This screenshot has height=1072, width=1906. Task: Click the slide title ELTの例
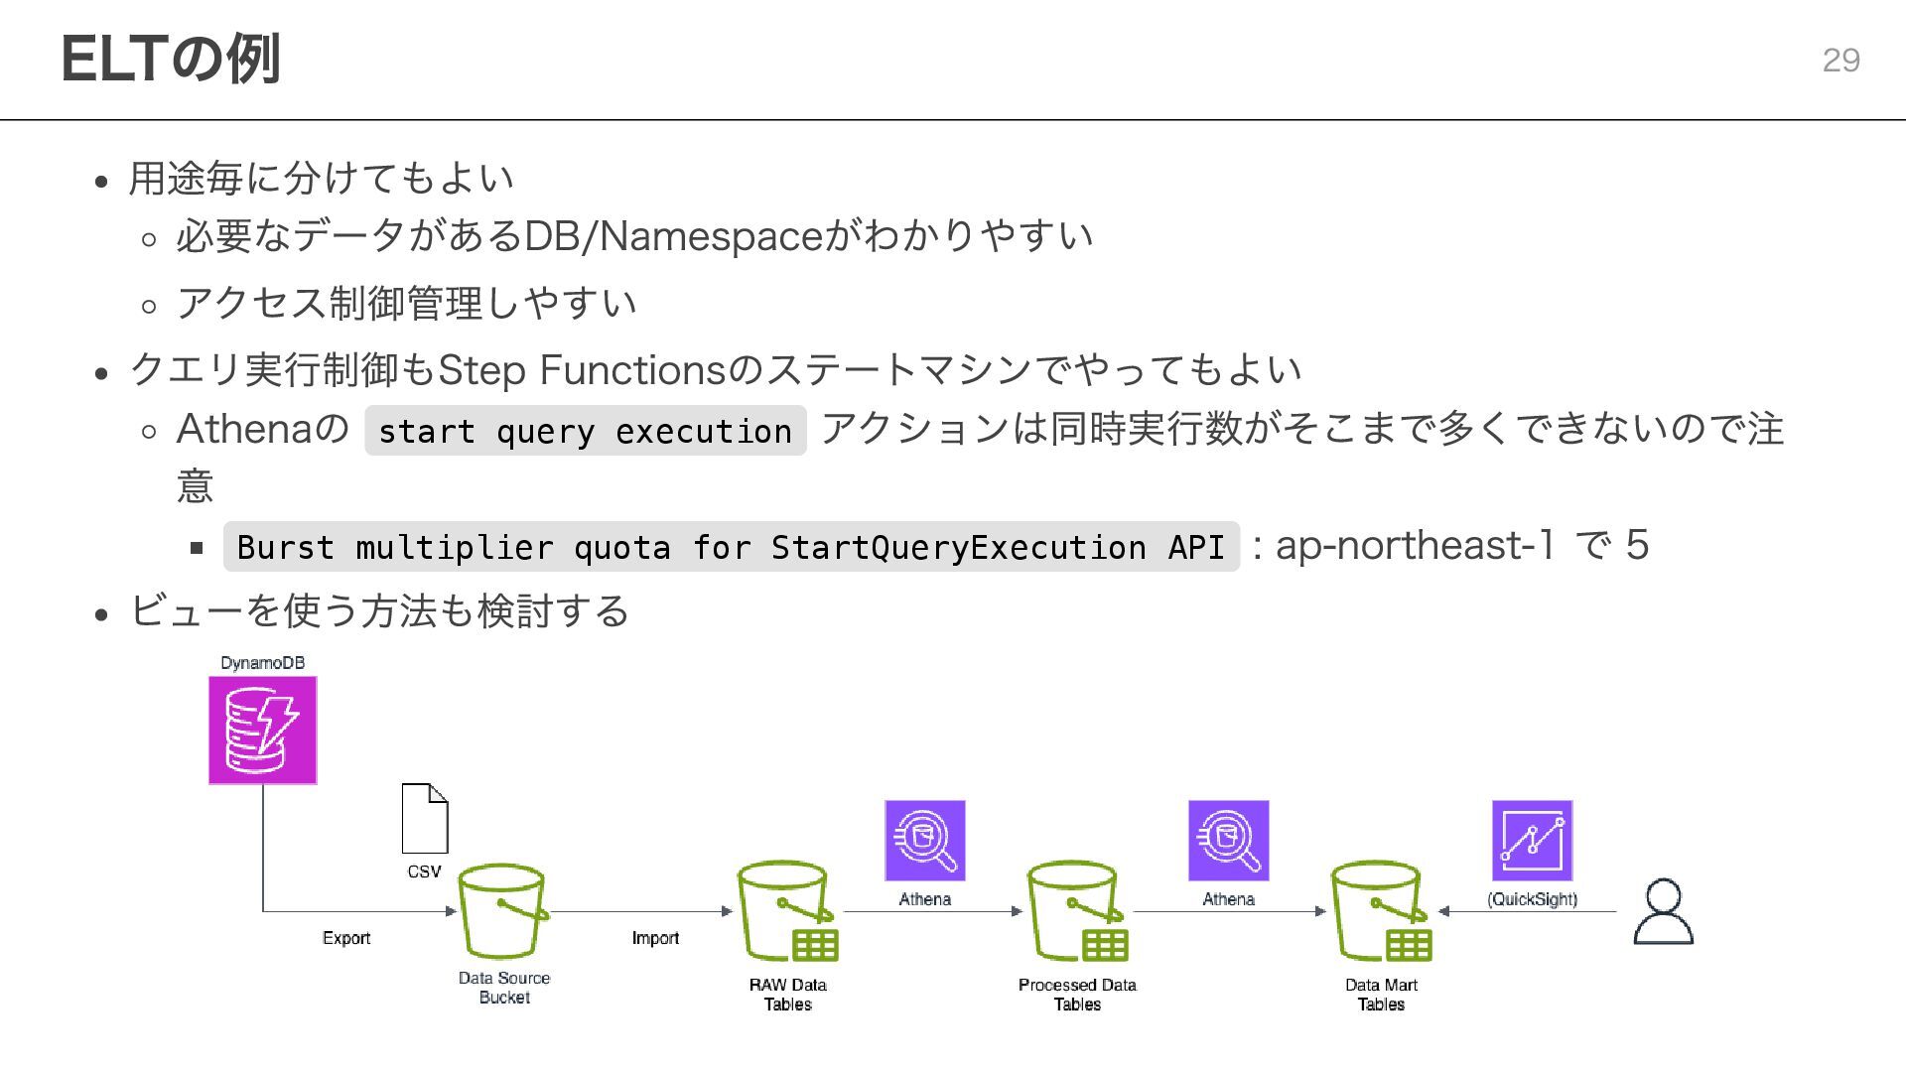[171, 59]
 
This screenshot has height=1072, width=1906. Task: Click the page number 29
[1840, 61]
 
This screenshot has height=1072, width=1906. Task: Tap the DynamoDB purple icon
[263, 731]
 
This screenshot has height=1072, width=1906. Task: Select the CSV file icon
[425, 818]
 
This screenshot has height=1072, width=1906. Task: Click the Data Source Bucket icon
[502, 911]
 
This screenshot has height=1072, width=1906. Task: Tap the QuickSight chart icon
[1532, 841]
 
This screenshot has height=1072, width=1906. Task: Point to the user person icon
[1663, 911]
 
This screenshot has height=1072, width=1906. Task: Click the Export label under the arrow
[346, 938]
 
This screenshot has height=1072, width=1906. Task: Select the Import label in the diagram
[655, 938]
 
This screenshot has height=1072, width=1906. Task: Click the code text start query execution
[585, 432]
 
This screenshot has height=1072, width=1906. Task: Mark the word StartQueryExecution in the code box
[958, 547]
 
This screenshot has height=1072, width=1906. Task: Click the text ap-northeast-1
[1415, 545]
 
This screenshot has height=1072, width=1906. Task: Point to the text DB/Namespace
[673, 236]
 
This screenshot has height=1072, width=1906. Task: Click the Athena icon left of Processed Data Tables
[924, 841]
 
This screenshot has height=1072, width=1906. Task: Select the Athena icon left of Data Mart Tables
[1228, 841]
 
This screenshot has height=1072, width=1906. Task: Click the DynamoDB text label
[262, 663]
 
